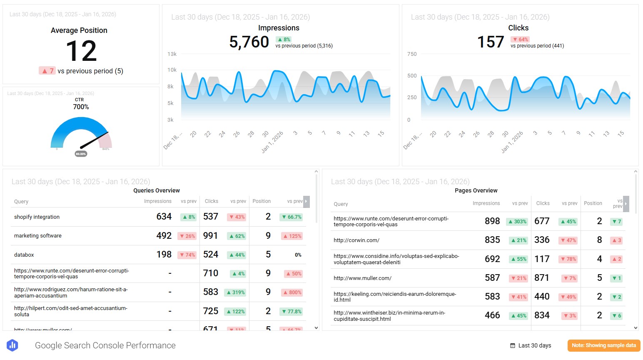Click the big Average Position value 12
[x=81, y=51]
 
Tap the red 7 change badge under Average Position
[x=47, y=71]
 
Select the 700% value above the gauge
[x=81, y=107]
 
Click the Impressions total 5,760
[x=249, y=42]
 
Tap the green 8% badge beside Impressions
[x=284, y=40]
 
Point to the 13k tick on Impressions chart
[x=172, y=54]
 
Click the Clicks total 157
[x=490, y=42]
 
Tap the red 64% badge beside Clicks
[x=520, y=40]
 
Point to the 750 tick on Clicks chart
[x=411, y=54]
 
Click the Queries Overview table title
[x=157, y=190]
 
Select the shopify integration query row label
[x=37, y=217]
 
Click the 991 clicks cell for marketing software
[x=210, y=236]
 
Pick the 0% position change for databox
[x=298, y=255]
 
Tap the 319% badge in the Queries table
[x=235, y=292]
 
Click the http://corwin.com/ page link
[x=356, y=240]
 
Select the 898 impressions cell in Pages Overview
[x=492, y=221]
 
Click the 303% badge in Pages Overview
[x=517, y=222]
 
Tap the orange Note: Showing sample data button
[x=603, y=345]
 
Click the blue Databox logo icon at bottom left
[x=12, y=345]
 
